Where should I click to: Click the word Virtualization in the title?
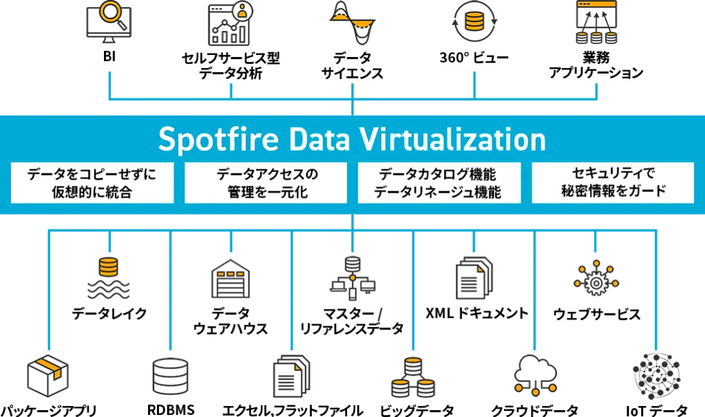click(x=453, y=140)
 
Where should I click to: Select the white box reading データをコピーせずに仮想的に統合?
click(x=92, y=183)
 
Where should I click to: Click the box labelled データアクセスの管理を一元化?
click(x=266, y=183)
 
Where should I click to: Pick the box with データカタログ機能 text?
click(x=439, y=183)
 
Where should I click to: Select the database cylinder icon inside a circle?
click(x=473, y=21)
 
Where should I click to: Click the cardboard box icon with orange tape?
click(x=46, y=377)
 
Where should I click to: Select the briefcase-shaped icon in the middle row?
click(x=232, y=281)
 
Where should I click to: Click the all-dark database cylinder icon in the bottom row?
click(x=169, y=377)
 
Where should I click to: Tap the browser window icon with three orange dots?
click(x=597, y=22)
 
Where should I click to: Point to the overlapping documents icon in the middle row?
click(x=473, y=277)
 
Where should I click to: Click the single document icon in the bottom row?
click(x=291, y=377)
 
